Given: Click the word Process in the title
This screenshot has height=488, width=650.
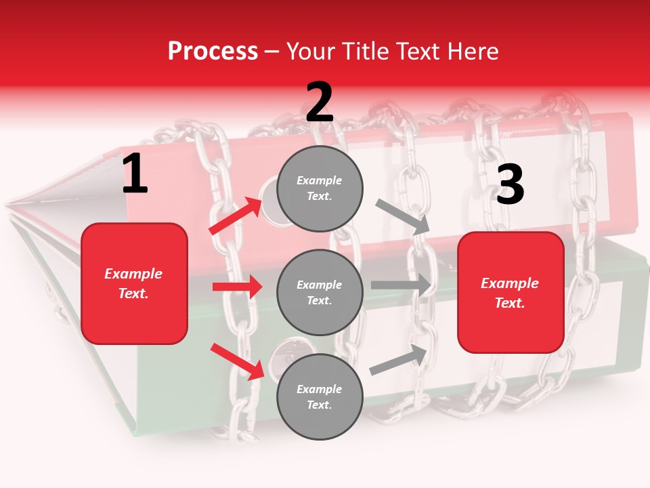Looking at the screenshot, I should [x=213, y=52].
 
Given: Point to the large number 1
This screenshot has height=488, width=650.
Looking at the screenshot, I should [x=134, y=175].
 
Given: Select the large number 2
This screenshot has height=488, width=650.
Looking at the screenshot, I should [x=320, y=103].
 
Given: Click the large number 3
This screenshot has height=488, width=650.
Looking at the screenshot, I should [x=510, y=185].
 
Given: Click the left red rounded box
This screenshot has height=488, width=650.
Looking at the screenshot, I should [x=134, y=283].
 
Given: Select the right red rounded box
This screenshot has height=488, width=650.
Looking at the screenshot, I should [x=511, y=293].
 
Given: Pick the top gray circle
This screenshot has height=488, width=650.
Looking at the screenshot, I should [x=320, y=188].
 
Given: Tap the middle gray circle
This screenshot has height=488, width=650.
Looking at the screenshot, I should [x=320, y=292].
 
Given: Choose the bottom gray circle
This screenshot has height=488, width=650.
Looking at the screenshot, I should [x=320, y=396].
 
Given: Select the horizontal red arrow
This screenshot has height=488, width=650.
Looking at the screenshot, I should [x=238, y=287].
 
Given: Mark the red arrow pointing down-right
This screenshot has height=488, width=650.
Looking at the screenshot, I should [x=238, y=361].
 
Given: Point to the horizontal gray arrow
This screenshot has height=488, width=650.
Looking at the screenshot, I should [x=402, y=285].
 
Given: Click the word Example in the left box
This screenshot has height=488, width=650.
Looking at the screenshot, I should [x=133, y=274].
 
